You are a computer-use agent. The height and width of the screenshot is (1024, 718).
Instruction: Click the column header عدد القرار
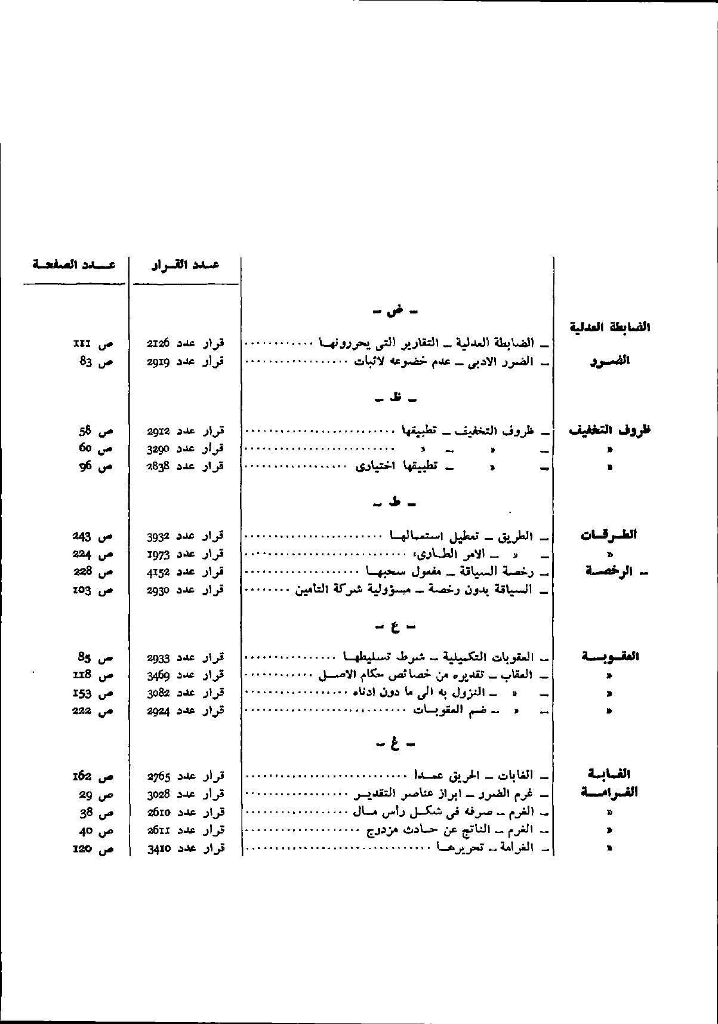[x=185, y=265]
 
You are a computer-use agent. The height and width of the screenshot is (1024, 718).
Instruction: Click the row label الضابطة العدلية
[x=610, y=327]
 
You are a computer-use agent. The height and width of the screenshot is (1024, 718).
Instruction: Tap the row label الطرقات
[x=609, y=535]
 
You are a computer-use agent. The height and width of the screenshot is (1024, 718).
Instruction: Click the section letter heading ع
[x=395, y=627]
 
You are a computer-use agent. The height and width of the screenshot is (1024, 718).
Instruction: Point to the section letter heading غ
[x=395, y=744]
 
